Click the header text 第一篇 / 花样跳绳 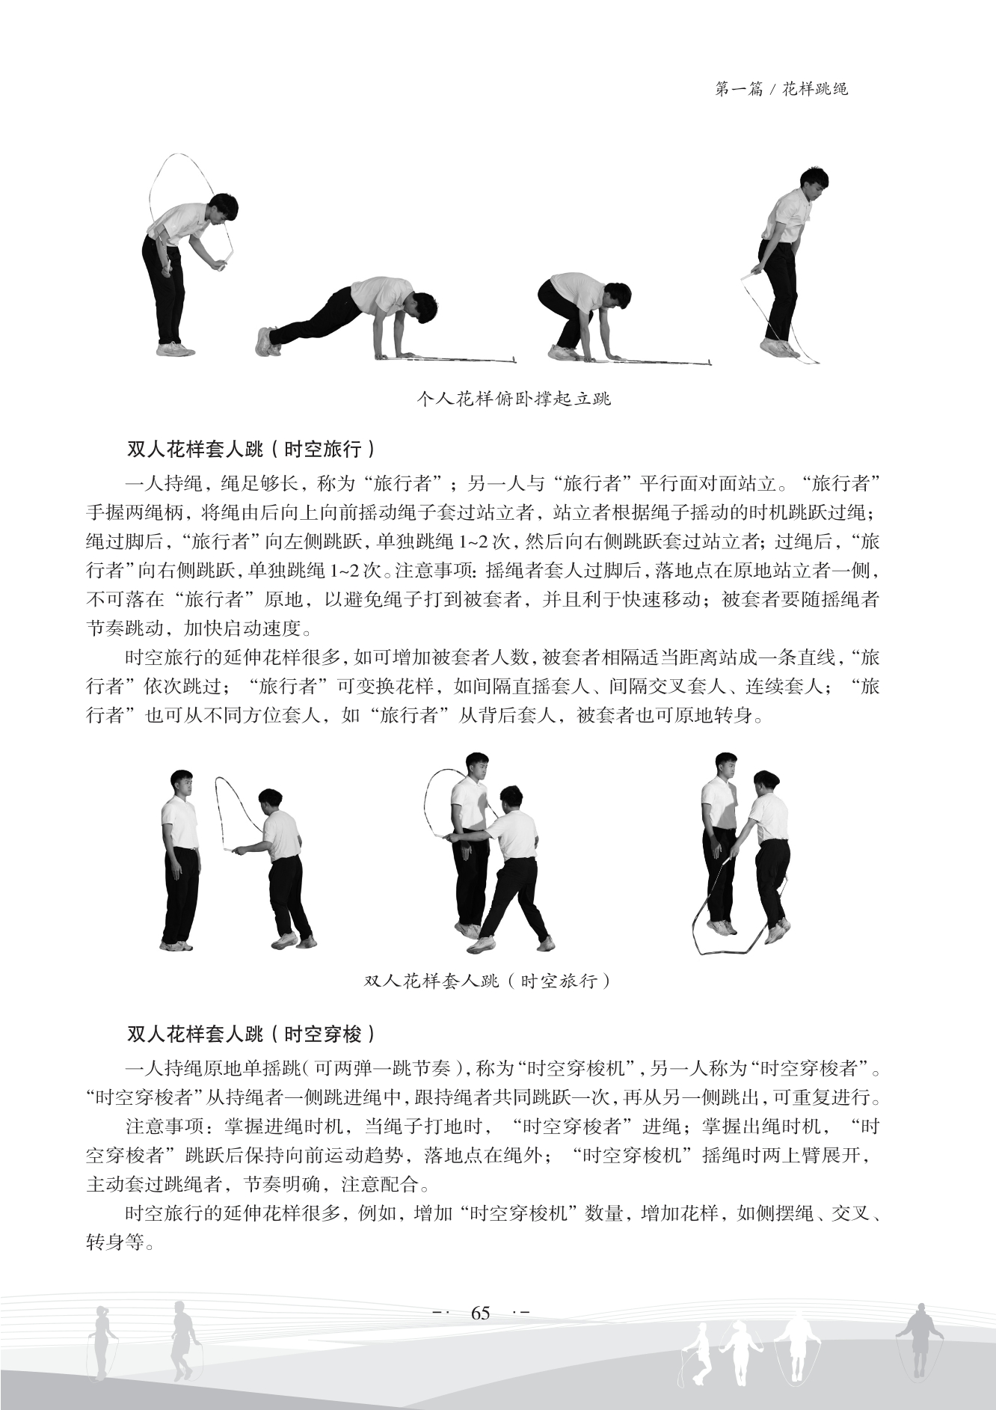(781, 90)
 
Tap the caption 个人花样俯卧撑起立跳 (514, 398)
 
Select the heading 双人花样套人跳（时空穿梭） (251, 1034)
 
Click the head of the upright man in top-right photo (814, 184)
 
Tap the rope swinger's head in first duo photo (269, 801)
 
